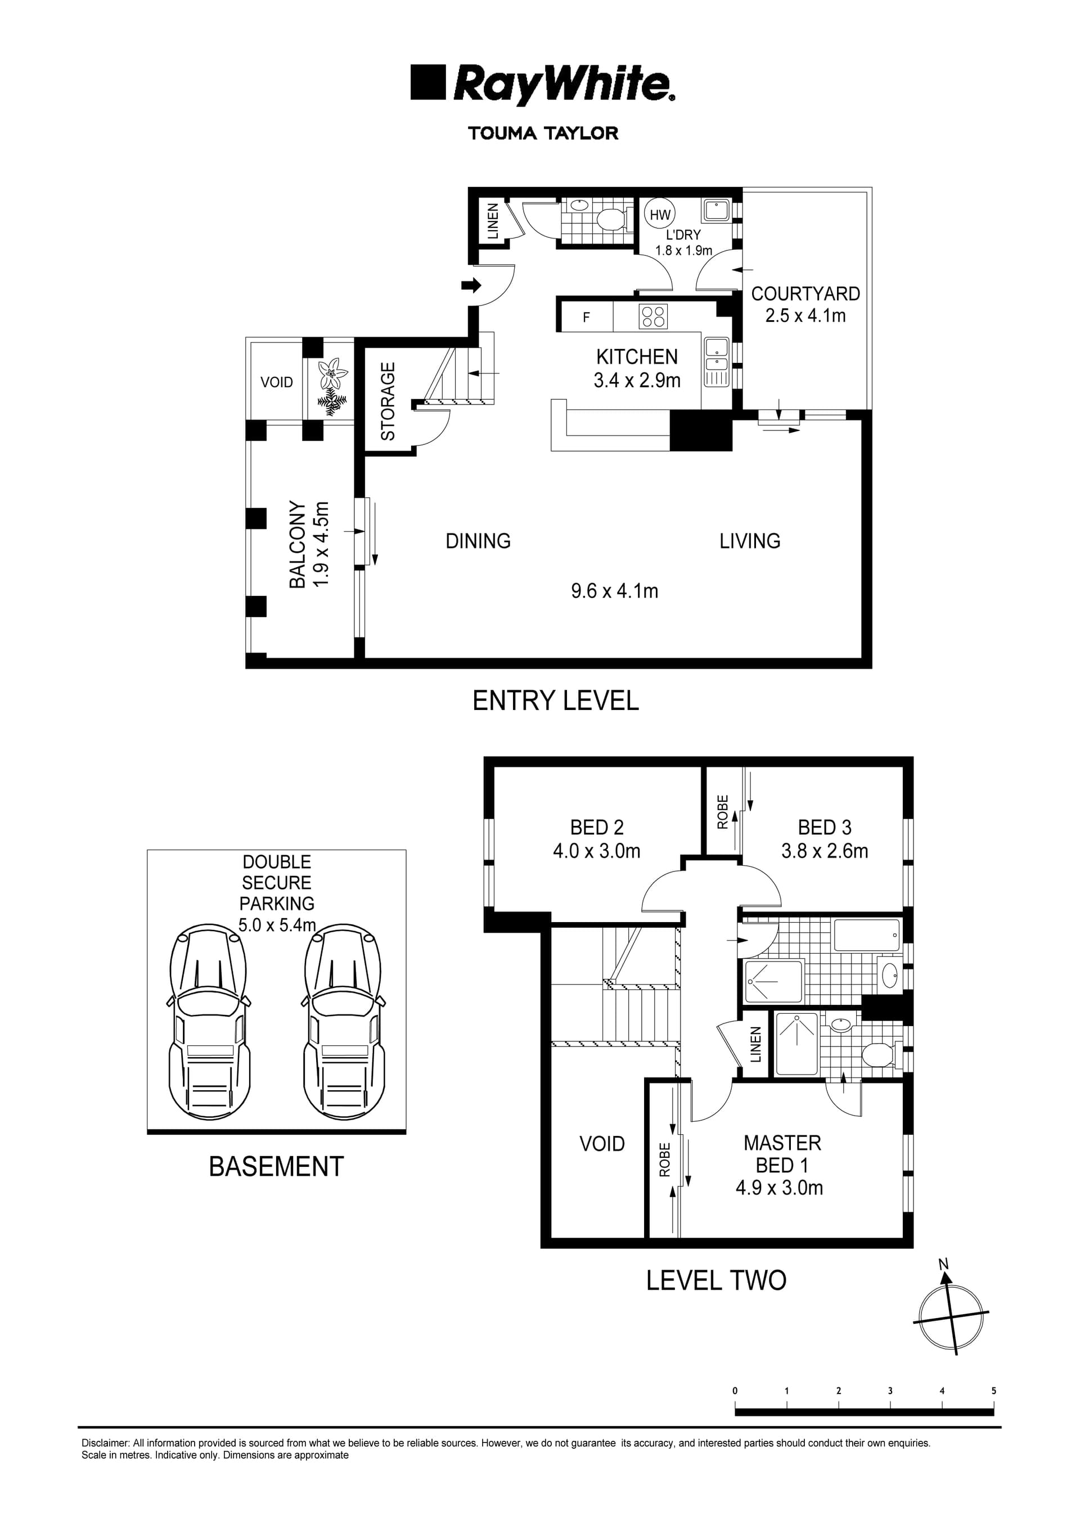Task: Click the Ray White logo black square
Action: point(427,82)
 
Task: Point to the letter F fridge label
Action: point(586,317)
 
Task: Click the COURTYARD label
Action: point(805,294)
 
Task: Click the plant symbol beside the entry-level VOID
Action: point(331,386)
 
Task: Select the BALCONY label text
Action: point(298,545)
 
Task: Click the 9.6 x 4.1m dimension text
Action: point(614,590)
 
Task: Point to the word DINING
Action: point(478,541)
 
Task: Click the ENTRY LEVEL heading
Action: point(555,701)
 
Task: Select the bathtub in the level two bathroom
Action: point(866,935)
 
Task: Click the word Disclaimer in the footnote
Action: point(105,1444)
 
